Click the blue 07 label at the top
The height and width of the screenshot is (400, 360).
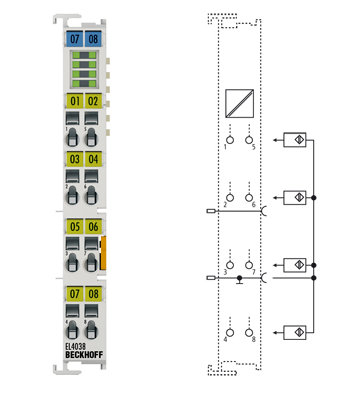click(74, 38)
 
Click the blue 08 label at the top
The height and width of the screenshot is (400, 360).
click(93, 38)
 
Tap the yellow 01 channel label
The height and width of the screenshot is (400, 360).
click(74, 100)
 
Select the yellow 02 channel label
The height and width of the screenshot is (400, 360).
click(93, 100)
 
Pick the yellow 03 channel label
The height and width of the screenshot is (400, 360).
click(74, 158)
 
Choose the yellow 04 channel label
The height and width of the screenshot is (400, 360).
click(93, 158)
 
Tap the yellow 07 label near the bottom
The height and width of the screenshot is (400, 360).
click(74, 295)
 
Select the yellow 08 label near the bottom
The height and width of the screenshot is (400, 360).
click(93, 295)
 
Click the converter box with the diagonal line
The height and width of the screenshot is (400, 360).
click(240, 103)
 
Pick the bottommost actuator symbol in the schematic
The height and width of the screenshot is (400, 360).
click(296, 330)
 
